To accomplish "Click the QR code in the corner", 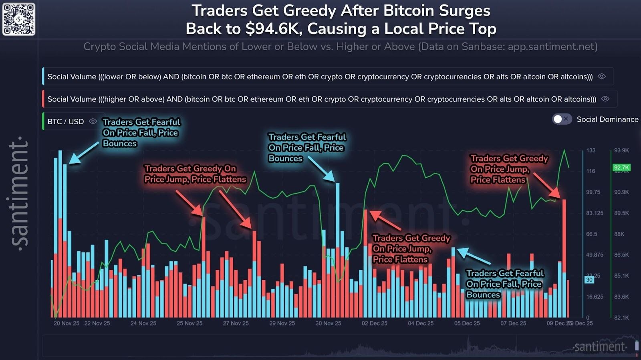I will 19,19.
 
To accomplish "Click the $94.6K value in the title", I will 273,29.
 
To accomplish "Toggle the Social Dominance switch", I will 561,119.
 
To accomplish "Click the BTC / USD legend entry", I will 66,121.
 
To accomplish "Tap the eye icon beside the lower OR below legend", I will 601,77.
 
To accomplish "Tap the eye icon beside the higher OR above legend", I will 605,99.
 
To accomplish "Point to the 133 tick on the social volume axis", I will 591,150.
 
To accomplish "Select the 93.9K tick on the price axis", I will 621,150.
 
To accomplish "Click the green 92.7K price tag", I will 621,168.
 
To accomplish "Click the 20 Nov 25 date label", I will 67,323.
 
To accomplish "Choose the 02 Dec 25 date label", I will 374,323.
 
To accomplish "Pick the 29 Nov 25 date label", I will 282,323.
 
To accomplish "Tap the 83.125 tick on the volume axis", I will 595,213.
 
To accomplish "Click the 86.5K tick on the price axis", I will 621,255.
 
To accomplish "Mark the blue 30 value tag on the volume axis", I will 589,280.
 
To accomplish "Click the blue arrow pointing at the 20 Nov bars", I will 84,153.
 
